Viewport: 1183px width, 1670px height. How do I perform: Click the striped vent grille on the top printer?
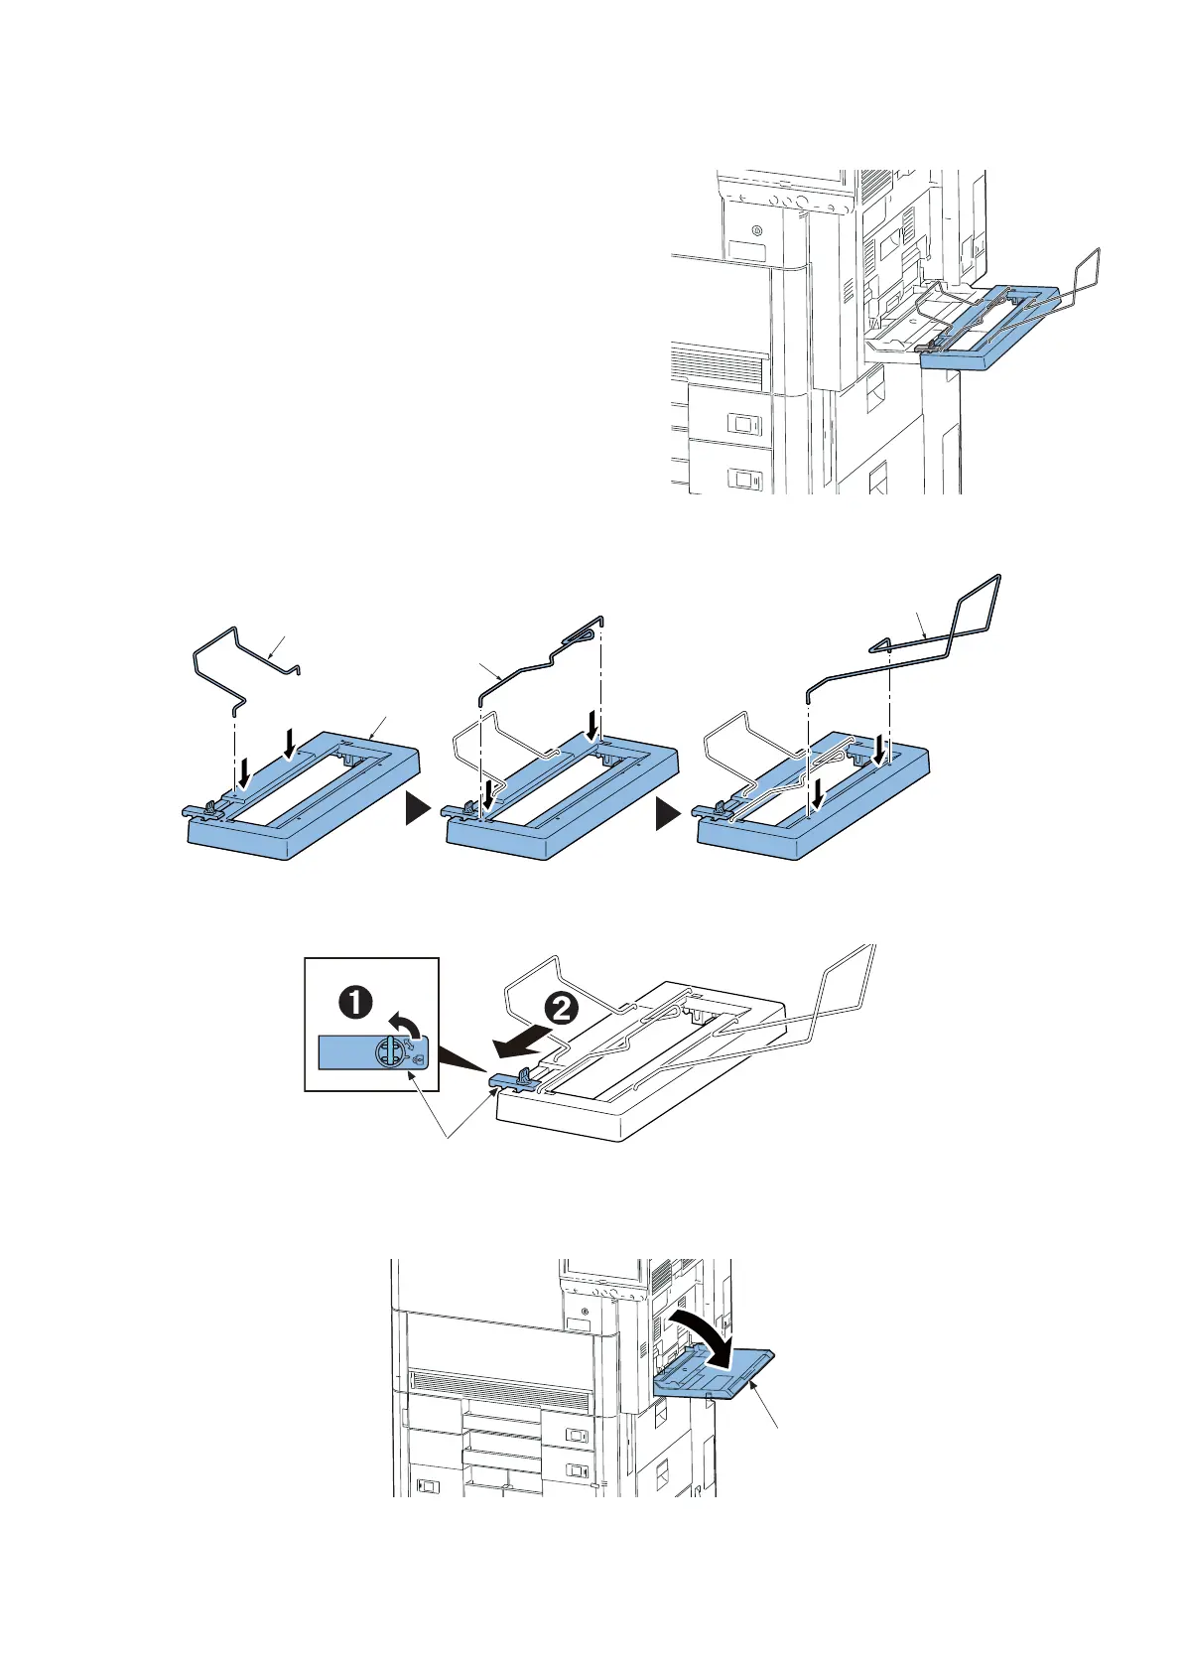point(718,365)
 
